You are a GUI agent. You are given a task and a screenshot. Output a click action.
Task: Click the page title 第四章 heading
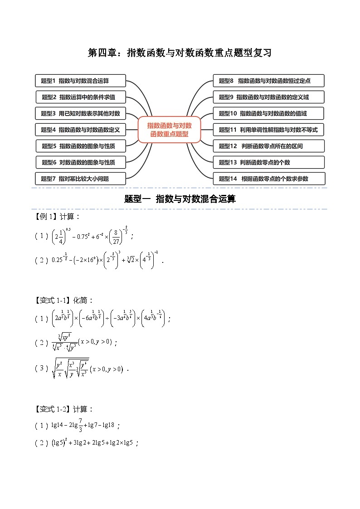180,53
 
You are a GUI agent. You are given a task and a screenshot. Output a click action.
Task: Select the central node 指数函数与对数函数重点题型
169,130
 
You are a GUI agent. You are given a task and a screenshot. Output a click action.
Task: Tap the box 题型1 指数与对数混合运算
81,81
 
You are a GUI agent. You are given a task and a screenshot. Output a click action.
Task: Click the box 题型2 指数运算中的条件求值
81,97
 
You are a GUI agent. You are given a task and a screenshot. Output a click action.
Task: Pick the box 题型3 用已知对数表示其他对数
81,113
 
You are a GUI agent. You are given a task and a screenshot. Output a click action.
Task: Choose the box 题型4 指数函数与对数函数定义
81,130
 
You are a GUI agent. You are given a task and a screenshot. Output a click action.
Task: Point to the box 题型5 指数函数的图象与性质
81,146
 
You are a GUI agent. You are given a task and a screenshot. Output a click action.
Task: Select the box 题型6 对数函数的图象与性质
81,162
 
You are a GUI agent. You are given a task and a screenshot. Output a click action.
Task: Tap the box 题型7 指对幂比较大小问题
81,179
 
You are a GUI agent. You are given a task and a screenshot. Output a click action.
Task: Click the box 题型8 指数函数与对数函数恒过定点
268,81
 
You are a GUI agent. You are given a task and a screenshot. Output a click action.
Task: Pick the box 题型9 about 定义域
268,97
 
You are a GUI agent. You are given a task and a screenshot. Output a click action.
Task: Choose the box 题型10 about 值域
268,113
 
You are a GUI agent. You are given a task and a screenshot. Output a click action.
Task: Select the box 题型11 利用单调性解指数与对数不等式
268,130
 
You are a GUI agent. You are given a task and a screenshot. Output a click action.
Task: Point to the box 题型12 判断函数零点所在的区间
268,146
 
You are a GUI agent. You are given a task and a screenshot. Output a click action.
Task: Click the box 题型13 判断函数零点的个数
268,162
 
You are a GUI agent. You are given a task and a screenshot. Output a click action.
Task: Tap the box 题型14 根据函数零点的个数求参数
268,179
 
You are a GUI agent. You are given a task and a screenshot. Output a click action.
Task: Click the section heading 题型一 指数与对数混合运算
180,199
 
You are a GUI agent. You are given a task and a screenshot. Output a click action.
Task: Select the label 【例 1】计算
58,217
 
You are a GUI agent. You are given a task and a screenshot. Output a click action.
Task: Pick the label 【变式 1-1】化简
64,300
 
